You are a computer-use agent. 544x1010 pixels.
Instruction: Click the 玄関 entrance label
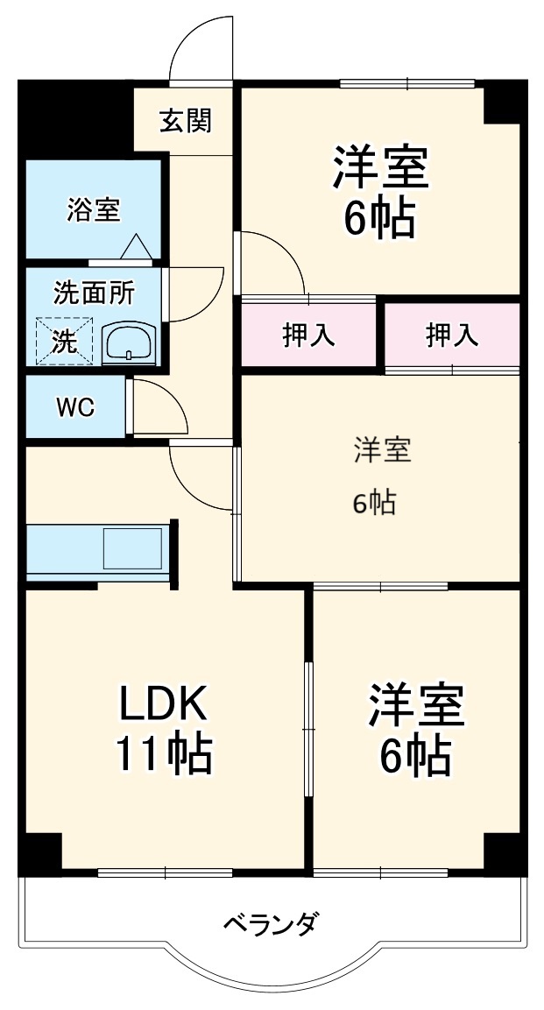point(185,122)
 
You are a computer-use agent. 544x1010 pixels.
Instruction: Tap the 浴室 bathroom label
point(94,209)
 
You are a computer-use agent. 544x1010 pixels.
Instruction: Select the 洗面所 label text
point(95,293)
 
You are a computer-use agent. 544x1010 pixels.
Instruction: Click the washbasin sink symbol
point(130,343)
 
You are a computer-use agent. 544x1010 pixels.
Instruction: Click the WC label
point(76,407)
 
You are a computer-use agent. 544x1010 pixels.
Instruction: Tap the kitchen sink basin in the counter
point(132,547)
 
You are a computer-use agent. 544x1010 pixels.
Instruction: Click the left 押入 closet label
point(308,335)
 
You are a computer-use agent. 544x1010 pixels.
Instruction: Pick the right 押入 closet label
point(452,334)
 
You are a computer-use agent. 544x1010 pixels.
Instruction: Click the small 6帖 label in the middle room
point(374,503)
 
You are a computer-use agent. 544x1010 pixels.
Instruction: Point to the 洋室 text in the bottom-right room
point(415,705)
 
